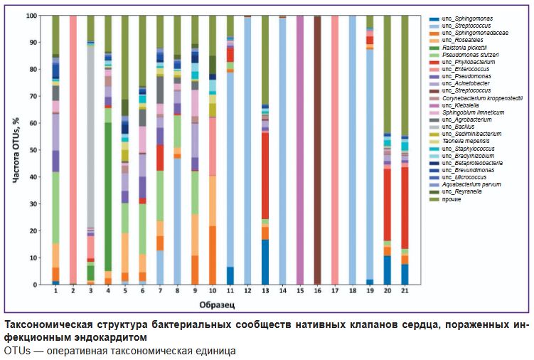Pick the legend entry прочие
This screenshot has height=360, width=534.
pos(452,198)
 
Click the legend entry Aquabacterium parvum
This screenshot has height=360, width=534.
pos(464,184)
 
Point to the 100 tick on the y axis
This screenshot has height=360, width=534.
pos(40,16)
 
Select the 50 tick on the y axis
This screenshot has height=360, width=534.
pos(41,150)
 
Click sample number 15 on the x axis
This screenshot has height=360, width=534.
pos(299,292)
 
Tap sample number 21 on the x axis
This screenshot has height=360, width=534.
pos(405,292)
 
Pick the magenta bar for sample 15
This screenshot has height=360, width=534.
pos(299,150)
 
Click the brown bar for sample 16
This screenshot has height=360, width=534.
pos(317,150)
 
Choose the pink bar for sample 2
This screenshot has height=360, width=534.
pos(73,150)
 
